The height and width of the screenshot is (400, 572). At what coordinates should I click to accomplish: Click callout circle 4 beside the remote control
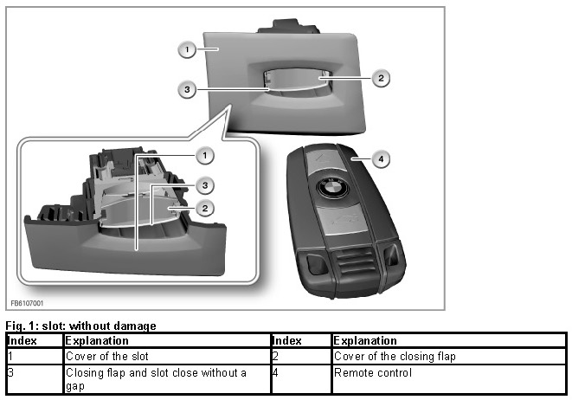point(381,159)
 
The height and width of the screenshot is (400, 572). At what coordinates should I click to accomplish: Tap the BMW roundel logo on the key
point(332,189)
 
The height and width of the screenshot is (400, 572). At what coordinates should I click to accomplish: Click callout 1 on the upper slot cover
point(187,49)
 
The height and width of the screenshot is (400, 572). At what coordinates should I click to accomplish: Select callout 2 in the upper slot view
point(381,78)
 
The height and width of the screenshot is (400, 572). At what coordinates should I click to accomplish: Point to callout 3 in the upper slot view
point(187,89)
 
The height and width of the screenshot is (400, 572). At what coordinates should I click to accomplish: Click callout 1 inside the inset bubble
point(204,156)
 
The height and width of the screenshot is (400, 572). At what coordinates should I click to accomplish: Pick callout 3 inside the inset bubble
point(204,186)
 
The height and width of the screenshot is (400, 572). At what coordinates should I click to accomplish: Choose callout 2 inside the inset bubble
point(204,209)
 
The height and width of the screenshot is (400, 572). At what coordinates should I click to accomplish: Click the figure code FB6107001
point(27,303)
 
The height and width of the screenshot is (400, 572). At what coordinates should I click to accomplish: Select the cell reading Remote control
point(373,372)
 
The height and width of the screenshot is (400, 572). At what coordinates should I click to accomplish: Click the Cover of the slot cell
point(107,356)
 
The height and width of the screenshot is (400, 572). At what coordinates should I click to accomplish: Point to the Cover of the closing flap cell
point(395,356)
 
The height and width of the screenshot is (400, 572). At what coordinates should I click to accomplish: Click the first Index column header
point(22,340)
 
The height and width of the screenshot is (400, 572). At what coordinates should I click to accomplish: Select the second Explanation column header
point(365,340)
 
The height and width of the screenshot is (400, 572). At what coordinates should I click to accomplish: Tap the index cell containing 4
point(301,379)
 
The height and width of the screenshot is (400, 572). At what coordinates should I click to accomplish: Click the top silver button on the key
point(324,159)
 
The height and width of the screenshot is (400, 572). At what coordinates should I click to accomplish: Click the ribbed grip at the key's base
point(353,263)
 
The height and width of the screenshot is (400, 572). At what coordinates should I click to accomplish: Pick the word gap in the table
point(75,386)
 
